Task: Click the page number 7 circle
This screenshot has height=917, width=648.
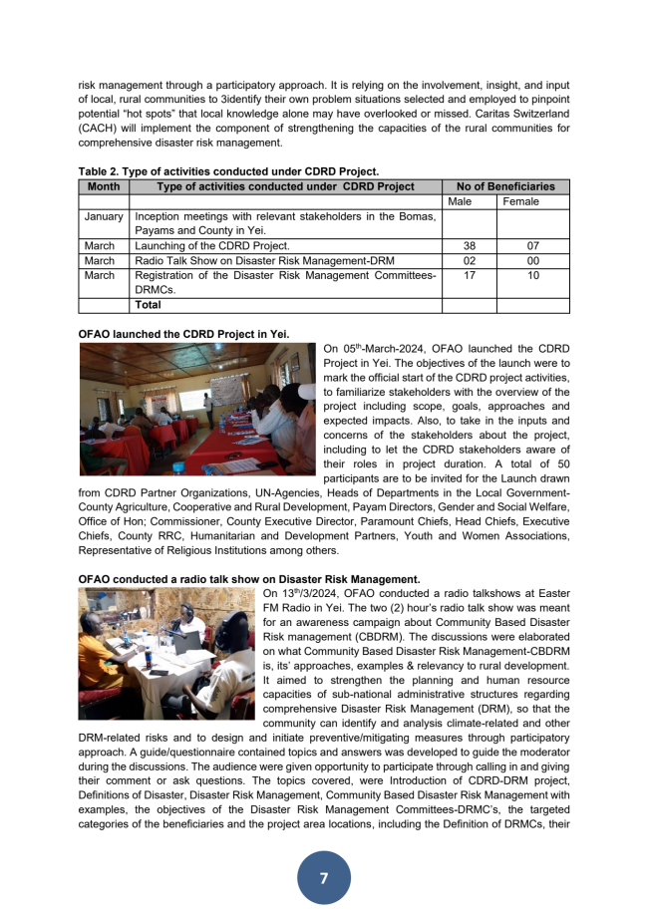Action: click(323, 877)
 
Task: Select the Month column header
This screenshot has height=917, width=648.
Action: click(104, 186)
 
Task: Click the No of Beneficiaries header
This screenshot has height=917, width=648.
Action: click(505, 186)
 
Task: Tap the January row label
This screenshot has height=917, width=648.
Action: click(104, 216)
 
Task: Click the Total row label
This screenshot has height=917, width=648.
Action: click(149, 306)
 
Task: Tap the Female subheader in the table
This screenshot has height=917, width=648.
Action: click(521, 201)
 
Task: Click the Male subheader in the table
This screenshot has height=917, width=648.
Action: click(460, 201)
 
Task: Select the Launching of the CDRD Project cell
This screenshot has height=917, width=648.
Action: click(212, 245)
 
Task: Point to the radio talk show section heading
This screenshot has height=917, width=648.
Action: click(249, 579)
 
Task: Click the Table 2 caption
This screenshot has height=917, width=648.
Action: click(228, 171)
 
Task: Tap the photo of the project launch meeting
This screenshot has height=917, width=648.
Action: click(196, 409)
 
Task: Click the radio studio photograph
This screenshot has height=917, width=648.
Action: click(166, 654)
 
